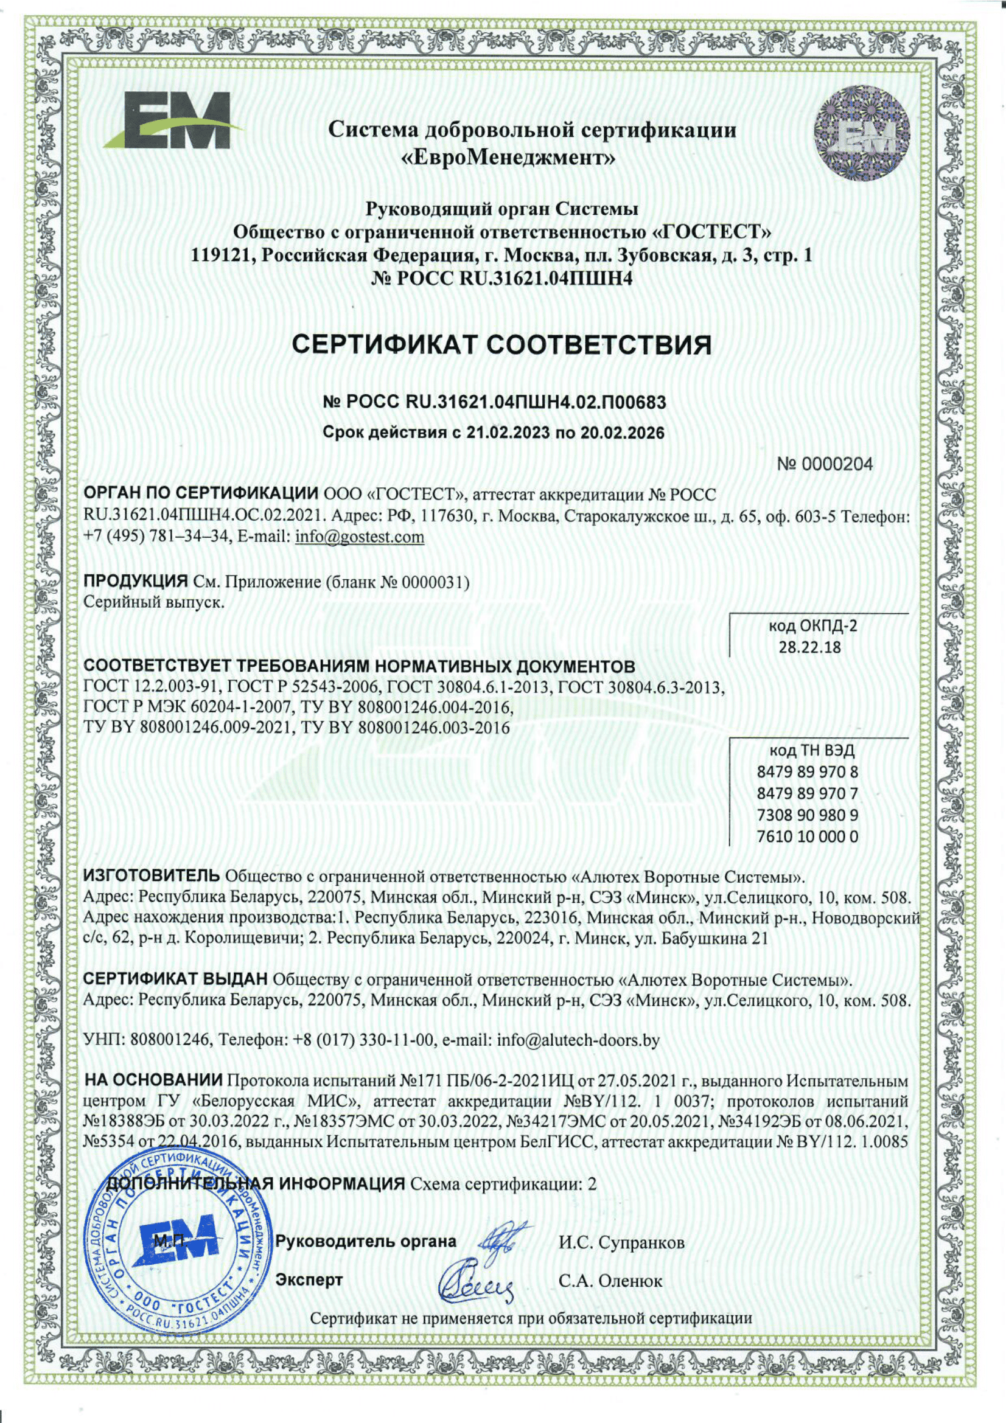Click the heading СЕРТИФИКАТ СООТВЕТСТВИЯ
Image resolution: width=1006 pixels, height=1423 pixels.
(x=502, y=344)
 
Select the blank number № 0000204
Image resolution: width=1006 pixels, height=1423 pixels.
(x=825, y=464)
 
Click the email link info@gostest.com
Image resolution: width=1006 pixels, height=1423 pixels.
(x=360, y=537)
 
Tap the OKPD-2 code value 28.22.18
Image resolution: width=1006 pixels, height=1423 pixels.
(x=809, y=648)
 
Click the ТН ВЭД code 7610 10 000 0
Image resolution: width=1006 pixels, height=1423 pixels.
(x=808, y=837)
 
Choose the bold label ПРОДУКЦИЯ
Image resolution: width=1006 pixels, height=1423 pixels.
(x=135, y=582)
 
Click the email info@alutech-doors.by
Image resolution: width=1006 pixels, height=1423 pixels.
(x=578, y=1039)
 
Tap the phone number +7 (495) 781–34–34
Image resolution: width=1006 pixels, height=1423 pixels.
(x=155, y=537)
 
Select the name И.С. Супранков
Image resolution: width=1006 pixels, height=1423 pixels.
(x=622, y=1243)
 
